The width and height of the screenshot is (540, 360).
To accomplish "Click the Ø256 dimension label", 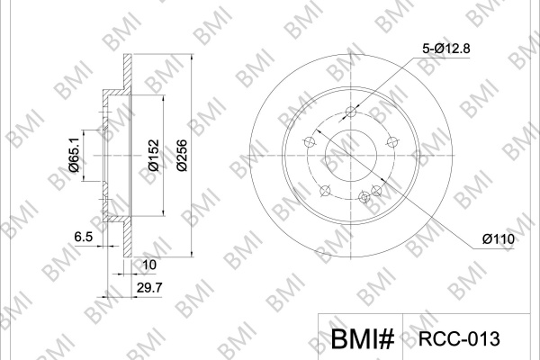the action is pyautogui.click(x=182, y=156).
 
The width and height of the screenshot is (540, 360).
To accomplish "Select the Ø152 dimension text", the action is pyautogui.click(x=154, y=156).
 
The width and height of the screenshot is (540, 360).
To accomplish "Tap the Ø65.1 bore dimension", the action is pyautogui.click(x=74, y=155).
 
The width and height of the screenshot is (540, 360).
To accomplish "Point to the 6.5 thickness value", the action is pyautogui.click(x=84, y=237).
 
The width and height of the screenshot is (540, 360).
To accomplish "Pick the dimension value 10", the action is pyautogui.click(x=149, y=265).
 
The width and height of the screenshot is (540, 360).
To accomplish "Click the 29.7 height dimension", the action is pyautogui.click(x=149, y=288).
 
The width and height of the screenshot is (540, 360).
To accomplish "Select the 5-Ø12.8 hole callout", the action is pyautogui.click(x=446, y=49).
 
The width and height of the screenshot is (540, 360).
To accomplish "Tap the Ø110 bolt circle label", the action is pyautogui.click(x=499, y=238).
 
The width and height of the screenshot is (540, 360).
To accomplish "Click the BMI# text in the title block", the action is pyautogui.click(x=363, y=339).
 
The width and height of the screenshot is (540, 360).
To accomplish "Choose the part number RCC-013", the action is pyautogui.click(x=459, y=339).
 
